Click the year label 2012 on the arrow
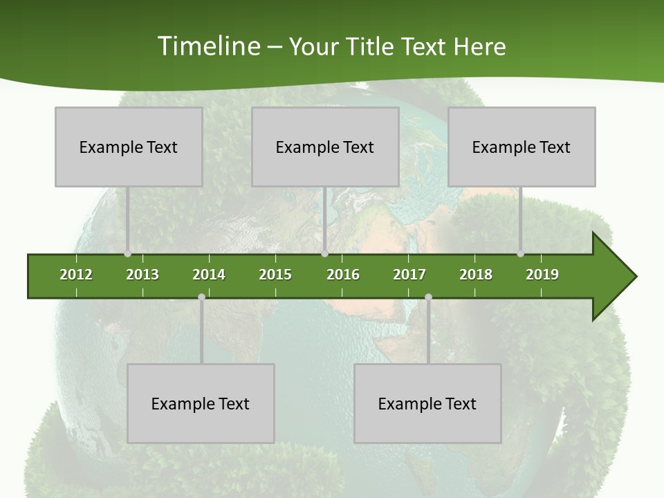pyautogui.click(x=76, y=275)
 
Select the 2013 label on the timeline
pyautogui.click(x=142, y=275)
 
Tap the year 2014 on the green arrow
pyautogui.click(x=209, y=275)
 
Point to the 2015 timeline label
pyautogui.click(x=275, y=275)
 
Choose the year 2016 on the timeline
pyautogui.click(x=343, y=275)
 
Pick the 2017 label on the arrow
pyautogui.click(x=409, y=275)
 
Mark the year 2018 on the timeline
pyautogui.click(x=476, y=275)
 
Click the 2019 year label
pyautogui.click(x=542, y=275)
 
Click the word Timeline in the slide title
pyautogui.click(x=208, y=46)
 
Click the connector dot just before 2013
pyautogui.click(x=127, y=254)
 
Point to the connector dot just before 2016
pyautogui.click(x=325, y=254)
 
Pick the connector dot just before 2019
pyautogui.click(x=521, y=254)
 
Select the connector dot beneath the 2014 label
pyautogui.click(x=201, y=297)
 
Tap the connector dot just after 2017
pyautogui.click(x=428, y=297)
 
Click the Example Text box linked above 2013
pyautogui.click(x=129, y=147)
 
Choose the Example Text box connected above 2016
pyautogui.click(x=325, y=147)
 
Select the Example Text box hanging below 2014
pyautogui.click(x=201, y=403)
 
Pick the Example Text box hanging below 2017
pyautogui.click(x=427, y=403)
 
